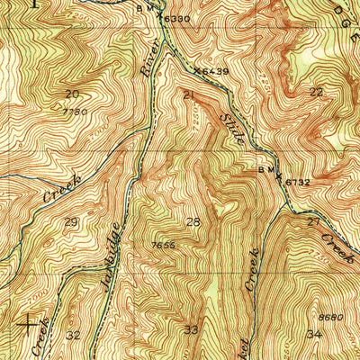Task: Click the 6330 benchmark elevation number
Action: pyautogui.click(x=177, y=18)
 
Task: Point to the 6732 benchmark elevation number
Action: pyautogui.click(x=298, y=182)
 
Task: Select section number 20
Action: pyautogui.click(x=72, y=94)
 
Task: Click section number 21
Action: pyautogui.click(x=188, y=94)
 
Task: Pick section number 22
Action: pyautogui.click(x=315, y=93)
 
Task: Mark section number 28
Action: pyautogui.click(x=193, y=221)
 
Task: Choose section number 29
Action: pyautogui.click(x=71, y=221)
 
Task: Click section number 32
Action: pyautogui.click(x=73, y=335)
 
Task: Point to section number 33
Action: pyautogui.click(x=192, y=329)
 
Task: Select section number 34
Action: pyautogui.click(x=313, y=334)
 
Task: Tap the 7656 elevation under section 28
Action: pyautogui.click(x=163, y=244)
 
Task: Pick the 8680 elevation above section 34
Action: pyautogui.click(x=330, y=317)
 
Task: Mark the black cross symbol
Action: pyautogui.click(x=31, y=321)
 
